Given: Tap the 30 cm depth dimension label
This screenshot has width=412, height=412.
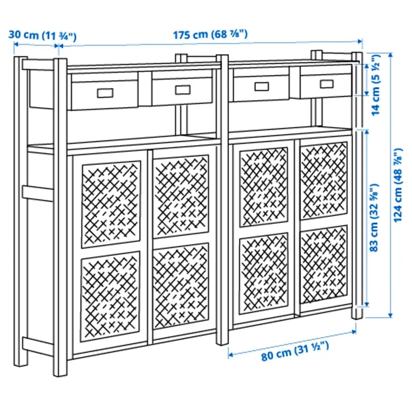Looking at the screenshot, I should [x=43, y=35].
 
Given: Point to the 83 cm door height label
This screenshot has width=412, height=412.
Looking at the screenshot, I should [x=375, y=218].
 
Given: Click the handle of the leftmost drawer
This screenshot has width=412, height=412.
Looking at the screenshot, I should [x=104, y=93].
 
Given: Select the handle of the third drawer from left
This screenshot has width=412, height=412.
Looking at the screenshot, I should [x=261, y=87].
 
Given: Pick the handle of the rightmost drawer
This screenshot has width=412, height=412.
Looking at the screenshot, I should [x=327, y=84].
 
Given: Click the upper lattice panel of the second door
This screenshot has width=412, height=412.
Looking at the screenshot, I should [x=181, y=196].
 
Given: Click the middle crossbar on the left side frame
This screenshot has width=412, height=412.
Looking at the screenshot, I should [x=38, y=193].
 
